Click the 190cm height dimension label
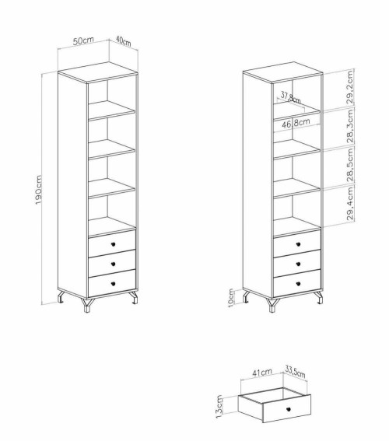point(39,190)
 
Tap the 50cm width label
point(83,40)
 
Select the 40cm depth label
point(123,41)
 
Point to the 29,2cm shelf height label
point(349,87)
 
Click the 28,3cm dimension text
point(349,126)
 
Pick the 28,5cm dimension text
point(349,165)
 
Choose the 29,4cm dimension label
point(349,204)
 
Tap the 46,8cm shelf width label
point(296,123)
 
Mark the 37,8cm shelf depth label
point(290,97)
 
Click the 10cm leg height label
point(231,298)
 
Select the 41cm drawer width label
point(262,373)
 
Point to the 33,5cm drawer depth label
point(295,372)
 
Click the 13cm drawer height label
point(219,407)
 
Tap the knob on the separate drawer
point(289,408)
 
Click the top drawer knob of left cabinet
point(113,244)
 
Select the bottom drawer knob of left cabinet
point(113,284)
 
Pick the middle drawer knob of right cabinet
point(298,264)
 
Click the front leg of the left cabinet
point(87,305)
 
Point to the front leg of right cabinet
point(272,305)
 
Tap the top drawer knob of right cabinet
point(298,244)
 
